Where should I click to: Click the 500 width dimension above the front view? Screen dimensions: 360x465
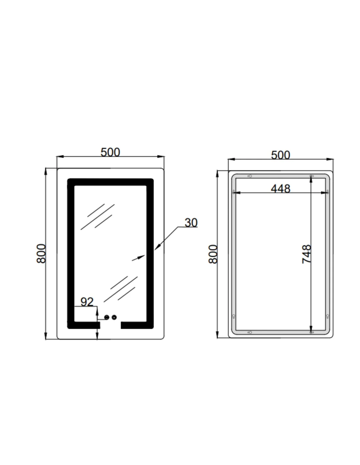tap(110, 152)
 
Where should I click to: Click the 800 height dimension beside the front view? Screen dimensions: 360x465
tap(41, 253)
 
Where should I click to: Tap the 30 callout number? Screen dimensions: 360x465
tap(191, 223)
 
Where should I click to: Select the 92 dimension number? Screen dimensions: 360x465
tap(87, 302)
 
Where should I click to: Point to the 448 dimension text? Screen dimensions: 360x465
tap(280, 189)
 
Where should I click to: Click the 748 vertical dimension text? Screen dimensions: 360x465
tap(306, 254)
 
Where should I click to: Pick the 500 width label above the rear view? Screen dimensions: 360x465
tap(280, 155)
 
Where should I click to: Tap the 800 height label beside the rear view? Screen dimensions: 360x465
tap(213, 254)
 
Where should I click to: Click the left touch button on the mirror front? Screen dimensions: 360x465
tap(107, 317)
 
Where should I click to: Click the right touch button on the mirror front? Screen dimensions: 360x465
tap(114, 317)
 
